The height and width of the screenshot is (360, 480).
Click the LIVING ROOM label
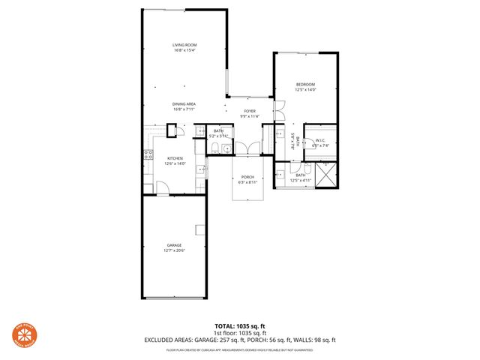click(x=184, y=46)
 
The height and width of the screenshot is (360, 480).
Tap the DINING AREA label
click(x=184, y=104)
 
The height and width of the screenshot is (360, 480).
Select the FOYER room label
click(x=249, y=111)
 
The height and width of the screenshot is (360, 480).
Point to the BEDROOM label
click(x=305, y=84)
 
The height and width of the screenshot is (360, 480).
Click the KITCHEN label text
click(x=175, y=158)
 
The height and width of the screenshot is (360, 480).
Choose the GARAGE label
click(x=174, y=244)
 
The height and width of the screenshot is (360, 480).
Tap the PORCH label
click(x=247, y=178)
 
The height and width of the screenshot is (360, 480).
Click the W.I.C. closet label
click(x=320, y=140)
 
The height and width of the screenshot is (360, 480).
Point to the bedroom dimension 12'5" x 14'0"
click(x=305, y=89)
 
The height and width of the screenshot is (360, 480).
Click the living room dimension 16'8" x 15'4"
click(x=184, y=51)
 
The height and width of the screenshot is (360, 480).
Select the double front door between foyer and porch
click(x=247, y=148)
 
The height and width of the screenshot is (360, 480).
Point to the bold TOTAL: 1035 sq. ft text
click(x=239, y=325)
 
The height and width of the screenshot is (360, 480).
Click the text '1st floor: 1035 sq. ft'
click(x=239, y=332)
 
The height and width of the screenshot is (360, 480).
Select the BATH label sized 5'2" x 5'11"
click(x=218, y=131)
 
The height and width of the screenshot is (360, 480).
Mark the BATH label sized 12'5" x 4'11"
click(x=300, y=175)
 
